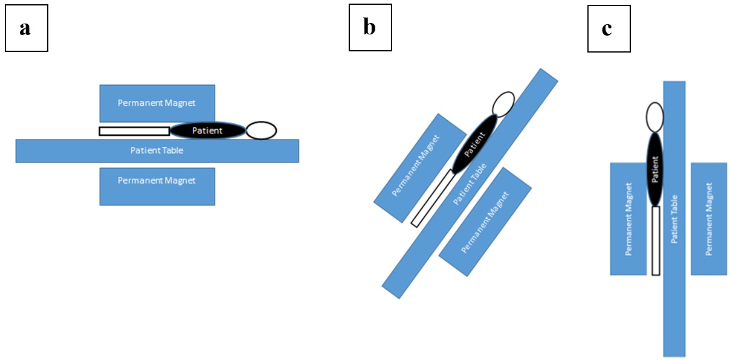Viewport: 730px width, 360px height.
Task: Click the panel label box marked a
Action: [x=26, y=28]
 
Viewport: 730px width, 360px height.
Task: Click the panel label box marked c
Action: [x=609, y=28]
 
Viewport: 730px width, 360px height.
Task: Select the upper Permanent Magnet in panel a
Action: [x=157, y=103]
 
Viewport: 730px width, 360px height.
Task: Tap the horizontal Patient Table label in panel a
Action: [x=157, y=150]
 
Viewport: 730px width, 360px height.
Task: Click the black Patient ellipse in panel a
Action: [x=207, y=130]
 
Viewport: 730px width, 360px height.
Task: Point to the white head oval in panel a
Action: [x=261, y=130]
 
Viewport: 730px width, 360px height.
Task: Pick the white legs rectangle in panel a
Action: [x=134, y=131]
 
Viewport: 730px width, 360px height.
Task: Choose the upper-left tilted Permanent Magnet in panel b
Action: [x=416, y=166]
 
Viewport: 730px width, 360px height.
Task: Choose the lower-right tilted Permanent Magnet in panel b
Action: [x=485, y=222]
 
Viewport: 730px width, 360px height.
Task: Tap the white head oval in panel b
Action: [x=503, y=104]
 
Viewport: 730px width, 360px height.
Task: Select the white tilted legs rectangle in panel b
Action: [x=432, y=198]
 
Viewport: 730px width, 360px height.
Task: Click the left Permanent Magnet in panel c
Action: [x=628, y=219]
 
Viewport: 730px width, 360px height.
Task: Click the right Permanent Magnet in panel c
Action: [x=708, y=219]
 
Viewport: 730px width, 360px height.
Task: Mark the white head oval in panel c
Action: [x=655, y=117]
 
